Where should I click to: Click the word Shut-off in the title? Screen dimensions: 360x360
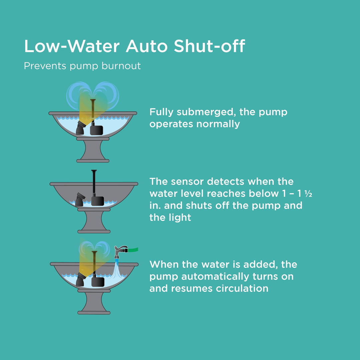pos(209,47)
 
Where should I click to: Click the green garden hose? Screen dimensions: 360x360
pos(133,250)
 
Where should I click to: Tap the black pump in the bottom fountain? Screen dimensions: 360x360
pos(98,283)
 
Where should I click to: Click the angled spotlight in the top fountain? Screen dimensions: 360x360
pos(81,128)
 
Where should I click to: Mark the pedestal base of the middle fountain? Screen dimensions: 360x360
pos(94,221)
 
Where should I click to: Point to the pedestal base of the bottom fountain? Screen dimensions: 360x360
pos(94,303)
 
